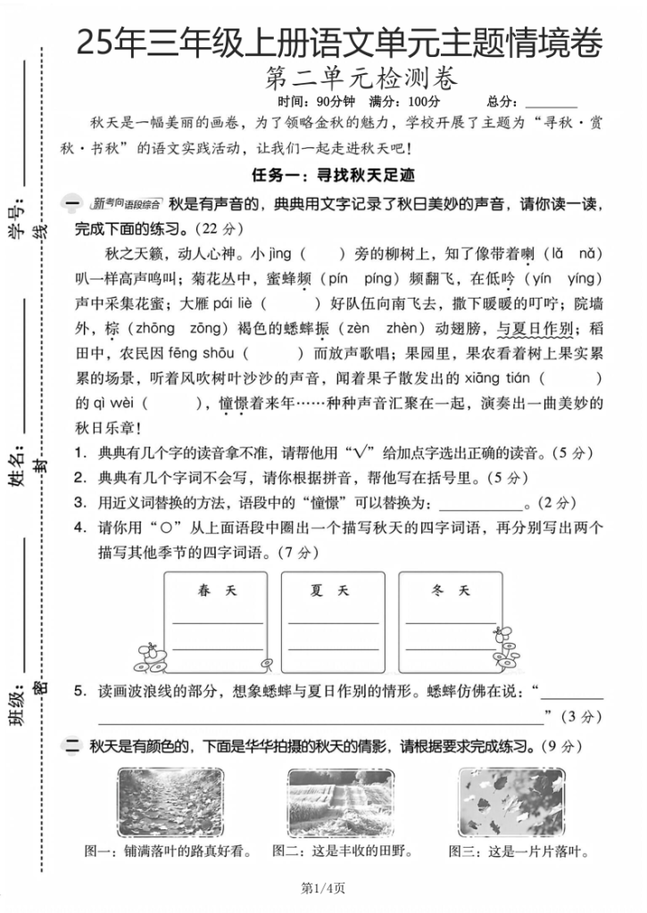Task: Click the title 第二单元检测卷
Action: (361, 79)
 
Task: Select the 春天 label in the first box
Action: (217, 591)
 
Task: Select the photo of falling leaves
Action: (510, 802)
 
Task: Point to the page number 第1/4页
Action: (323, 888)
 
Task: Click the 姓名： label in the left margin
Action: (16, 465)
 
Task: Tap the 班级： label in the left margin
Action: (16, 704)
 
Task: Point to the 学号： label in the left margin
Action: (16, 220)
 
